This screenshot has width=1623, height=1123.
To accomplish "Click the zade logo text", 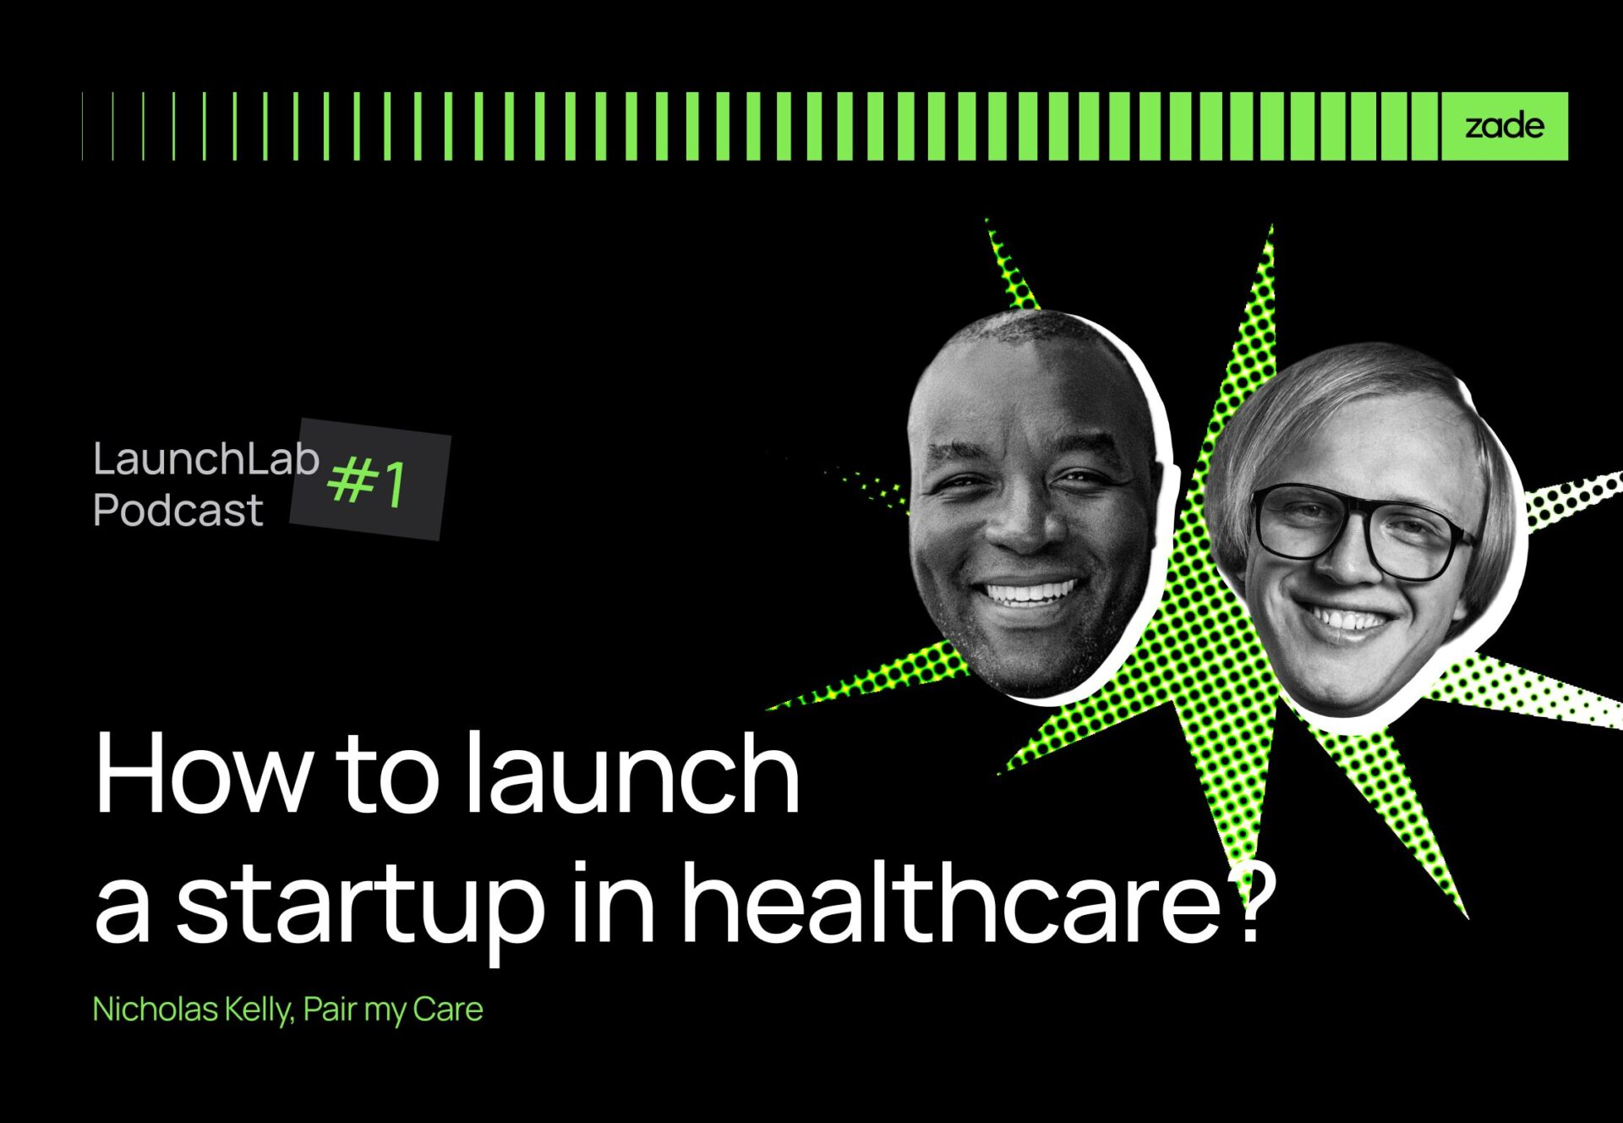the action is [x=1505, y=126].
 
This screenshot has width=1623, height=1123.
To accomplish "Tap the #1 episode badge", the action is [x=369, y=479].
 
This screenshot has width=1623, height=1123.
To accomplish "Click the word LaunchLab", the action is [x=206, y=459].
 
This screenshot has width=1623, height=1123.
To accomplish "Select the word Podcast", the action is [x=178, y=511].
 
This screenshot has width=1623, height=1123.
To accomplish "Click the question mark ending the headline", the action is [x=1248, y=898].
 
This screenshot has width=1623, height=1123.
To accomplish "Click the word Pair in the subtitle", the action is [x=330, y=1009].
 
